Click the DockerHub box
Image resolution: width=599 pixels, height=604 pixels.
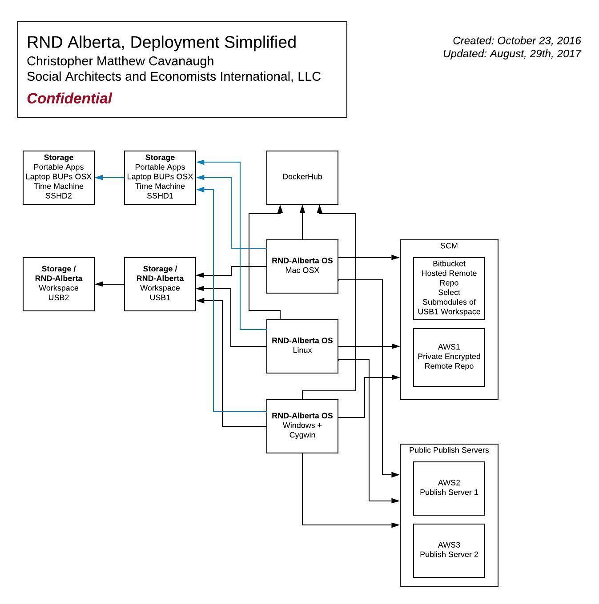302,177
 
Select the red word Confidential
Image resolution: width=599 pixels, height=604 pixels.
69,98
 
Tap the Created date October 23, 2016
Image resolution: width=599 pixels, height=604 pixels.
516,40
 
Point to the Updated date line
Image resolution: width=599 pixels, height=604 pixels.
512,54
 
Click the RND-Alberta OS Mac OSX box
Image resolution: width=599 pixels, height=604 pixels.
302,266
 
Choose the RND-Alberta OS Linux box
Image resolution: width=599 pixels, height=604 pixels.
302,346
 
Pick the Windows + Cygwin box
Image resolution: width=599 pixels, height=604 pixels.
302,426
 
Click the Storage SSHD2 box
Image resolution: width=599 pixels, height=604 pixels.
59,177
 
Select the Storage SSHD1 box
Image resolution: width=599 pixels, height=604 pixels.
160,177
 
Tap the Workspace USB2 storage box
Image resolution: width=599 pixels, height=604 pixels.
59,284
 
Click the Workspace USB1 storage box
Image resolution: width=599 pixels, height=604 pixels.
160,284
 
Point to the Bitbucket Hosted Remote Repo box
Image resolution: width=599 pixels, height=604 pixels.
449,288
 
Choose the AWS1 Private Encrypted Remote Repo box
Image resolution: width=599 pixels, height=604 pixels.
449,357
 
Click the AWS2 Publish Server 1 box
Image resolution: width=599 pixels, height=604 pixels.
449,488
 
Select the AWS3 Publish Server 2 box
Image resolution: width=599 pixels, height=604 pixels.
449,550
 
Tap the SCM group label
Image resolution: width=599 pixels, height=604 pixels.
449,246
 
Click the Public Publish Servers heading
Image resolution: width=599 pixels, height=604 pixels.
449,450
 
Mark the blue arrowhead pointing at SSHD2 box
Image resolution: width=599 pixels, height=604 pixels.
99,178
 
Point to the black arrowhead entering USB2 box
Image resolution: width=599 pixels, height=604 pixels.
99,284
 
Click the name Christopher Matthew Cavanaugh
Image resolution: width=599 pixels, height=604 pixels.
120,61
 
